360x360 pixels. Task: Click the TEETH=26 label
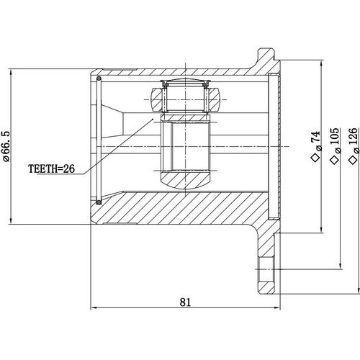pos(52,171)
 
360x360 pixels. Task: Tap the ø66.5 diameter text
pos(6,147)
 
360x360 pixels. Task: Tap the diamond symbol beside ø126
pos(352,159)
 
